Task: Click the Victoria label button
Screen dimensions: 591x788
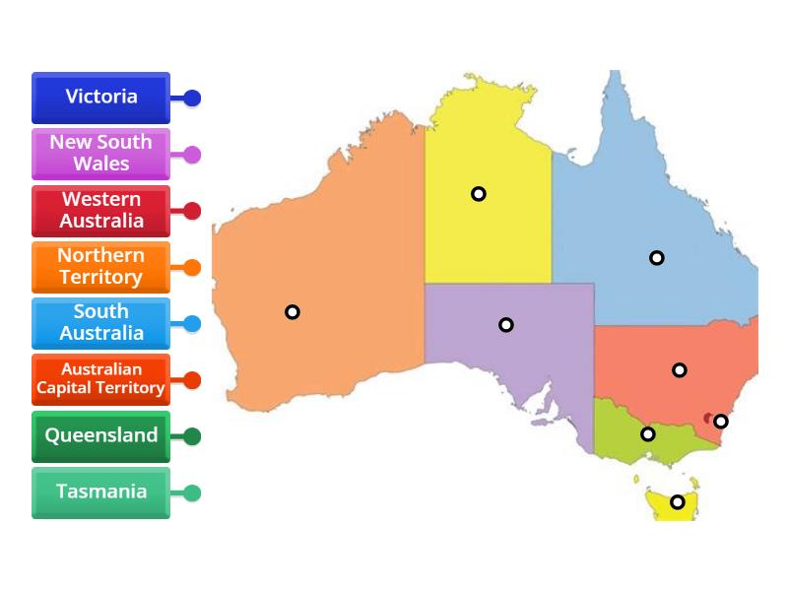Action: [100, 98]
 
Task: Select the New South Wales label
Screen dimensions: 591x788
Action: [100, 154]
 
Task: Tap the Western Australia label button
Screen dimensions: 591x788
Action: [100, 211]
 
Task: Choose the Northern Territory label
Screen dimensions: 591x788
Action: [100, 267]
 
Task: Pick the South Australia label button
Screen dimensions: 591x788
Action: [100, 323]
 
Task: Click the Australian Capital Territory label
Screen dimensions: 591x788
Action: [100, 379]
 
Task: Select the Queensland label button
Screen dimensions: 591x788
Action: [100, 435]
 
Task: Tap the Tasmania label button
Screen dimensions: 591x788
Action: [100, 492]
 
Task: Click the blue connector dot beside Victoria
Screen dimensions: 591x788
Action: [192, 98]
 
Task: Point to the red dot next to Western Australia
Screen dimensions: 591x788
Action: [192, 211]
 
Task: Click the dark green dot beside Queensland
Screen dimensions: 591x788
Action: [192, 436]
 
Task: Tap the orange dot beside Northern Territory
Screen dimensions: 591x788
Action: [192, 267]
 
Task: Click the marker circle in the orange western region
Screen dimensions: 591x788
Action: [293, 312]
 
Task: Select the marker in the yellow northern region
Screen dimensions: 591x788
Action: [478, 194]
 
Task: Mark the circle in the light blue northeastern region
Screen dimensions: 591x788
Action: [656, 258]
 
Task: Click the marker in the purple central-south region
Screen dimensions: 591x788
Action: [505, 325]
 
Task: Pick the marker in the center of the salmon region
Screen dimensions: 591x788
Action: [679, 370]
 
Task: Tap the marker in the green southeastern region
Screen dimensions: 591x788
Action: [647, 434]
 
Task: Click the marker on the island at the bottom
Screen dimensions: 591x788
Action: [677, 502]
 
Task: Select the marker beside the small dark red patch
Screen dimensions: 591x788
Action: [720, 422]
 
